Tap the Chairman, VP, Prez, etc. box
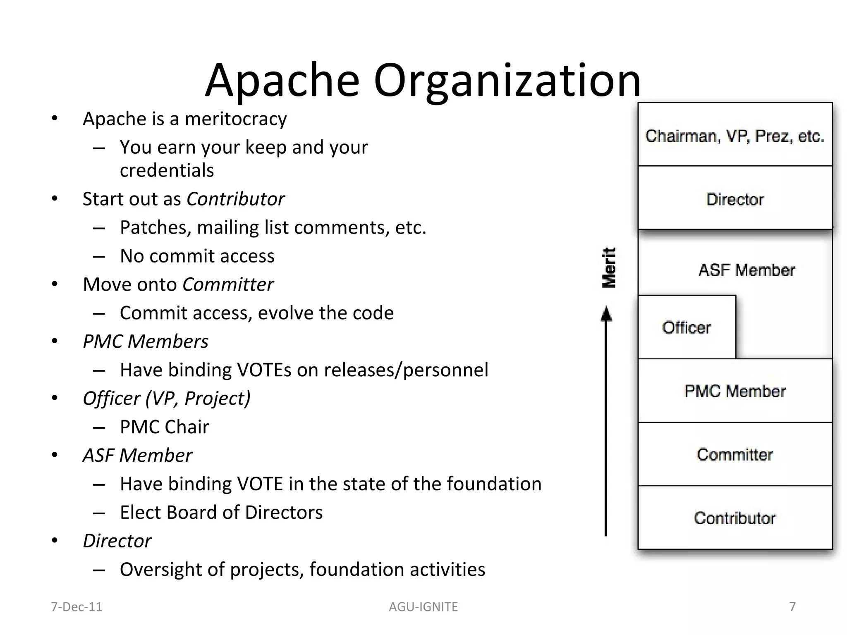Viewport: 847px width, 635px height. tap(735, 135)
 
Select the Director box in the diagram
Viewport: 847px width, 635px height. tap(735, 199)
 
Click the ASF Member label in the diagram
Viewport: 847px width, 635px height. tap(747, 270)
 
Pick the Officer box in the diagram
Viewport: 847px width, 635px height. tap(686, 327)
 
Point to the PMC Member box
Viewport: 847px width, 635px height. tap(735, 391)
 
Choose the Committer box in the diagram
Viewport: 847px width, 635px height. tap(735, 455)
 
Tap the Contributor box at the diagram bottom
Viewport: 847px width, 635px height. tap(735, 518)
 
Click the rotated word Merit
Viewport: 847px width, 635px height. tap(609, 267)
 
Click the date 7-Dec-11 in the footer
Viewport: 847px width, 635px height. tap(77, 606)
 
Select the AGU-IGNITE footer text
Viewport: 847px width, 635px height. tap(423, 606)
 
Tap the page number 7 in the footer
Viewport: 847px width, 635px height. tap(792, 606)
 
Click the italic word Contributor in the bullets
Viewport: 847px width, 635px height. tap(235, 199)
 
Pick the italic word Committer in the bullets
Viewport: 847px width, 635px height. tap(228, 284)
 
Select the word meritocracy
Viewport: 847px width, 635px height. tap(235, 119)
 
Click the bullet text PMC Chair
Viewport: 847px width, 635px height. tap(164, 427)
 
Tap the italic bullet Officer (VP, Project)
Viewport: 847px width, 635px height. tap(166, 398)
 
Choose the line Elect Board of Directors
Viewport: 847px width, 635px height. tap(221, 512)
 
